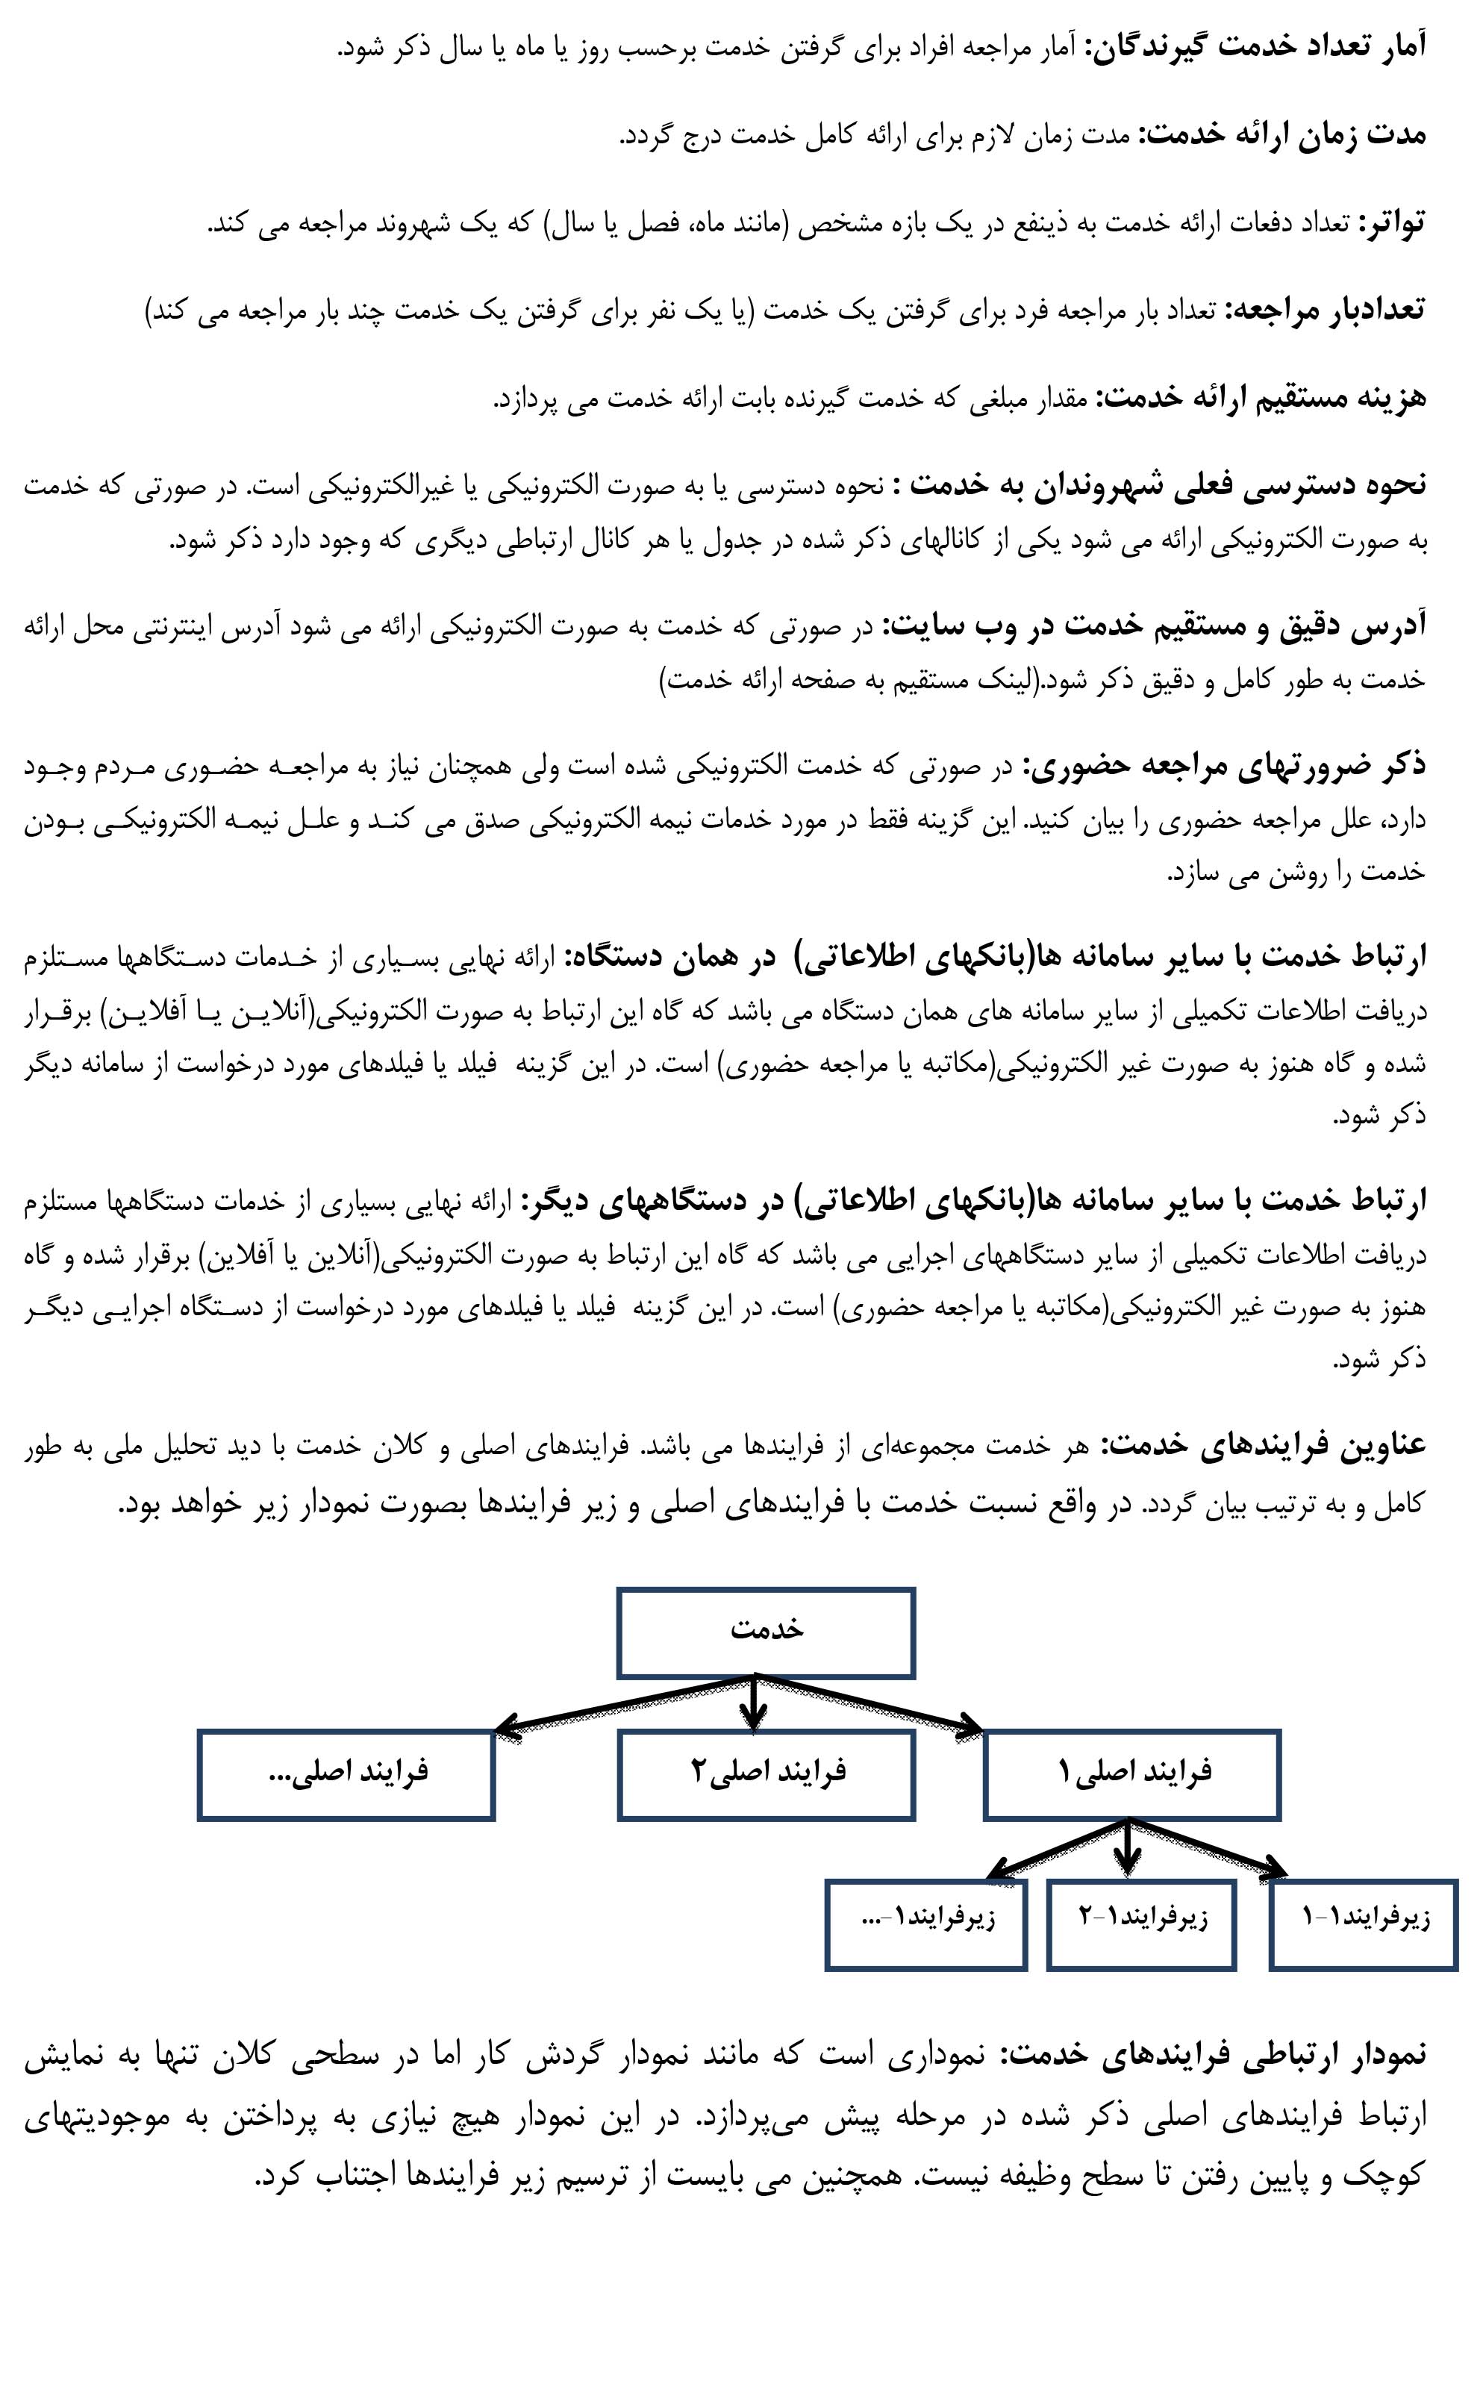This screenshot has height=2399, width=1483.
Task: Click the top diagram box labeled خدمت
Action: [x=766, y=1632]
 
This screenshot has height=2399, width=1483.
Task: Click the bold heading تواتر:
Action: [x=1390, y=225]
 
